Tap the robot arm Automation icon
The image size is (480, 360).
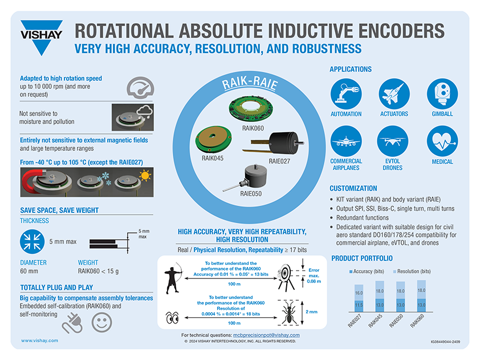click(x=346, y=92)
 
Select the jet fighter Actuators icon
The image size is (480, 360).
click(x=394, y=92)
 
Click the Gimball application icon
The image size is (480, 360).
click(x=442, y=92)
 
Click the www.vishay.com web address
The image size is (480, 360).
click(x=39, y=340)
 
